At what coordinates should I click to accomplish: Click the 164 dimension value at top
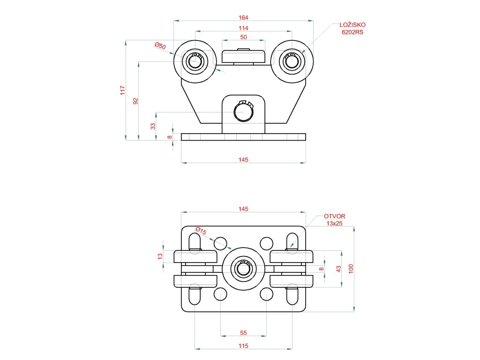tap(243, 17)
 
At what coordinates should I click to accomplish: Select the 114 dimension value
tap(243, 28)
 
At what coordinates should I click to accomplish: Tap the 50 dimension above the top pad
tap(243, 37)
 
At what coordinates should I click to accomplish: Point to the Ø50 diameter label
tap(160, 46)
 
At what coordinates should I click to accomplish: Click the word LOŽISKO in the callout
tap(352, 25)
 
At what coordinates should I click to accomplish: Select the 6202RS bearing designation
tap(352, 32)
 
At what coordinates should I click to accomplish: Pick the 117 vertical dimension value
tap(123, 90)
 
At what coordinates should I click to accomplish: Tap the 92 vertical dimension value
tap(135, 101)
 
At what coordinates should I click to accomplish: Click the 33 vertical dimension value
tap(152, 126)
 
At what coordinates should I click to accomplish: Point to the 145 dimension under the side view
tap(243, 160)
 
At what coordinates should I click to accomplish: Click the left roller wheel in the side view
tap(195, 61)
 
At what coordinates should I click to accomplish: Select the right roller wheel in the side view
tap(292, 61)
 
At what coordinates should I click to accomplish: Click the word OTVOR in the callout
tap(335, 216)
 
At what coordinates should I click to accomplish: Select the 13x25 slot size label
tap(335, 224)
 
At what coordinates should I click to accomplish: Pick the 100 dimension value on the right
tap(351, 269)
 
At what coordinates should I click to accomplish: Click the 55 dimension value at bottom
tap(243, 333)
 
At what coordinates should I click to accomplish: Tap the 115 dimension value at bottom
tap(243, 346)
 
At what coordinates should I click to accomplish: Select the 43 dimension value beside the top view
tap(338, 269)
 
